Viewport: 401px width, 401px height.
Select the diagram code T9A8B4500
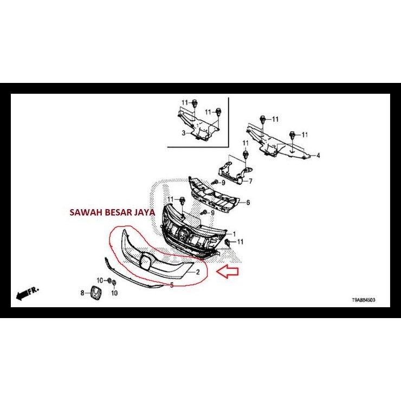coord(362,299)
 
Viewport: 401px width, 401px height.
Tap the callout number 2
coord(198,271)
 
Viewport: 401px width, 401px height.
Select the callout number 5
coord(172,284)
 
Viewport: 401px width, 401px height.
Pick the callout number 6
coord(248,203)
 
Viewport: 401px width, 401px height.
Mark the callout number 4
coord(318,156)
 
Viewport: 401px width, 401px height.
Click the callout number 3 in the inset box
coord(183,133)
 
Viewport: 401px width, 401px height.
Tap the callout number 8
coord(83,293)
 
